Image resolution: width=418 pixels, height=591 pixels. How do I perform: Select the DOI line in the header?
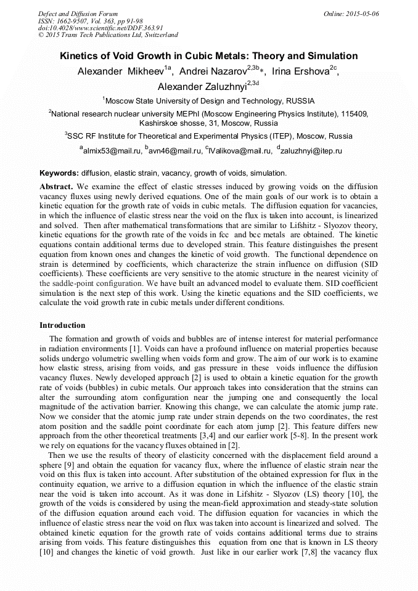(x=100, y=28)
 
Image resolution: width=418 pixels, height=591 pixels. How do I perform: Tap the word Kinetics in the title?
(x=78, y=56)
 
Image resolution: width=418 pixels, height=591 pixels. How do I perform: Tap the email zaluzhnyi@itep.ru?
(x=312, y=150)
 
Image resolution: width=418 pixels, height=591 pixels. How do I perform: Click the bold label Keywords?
(x=59, y=174)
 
